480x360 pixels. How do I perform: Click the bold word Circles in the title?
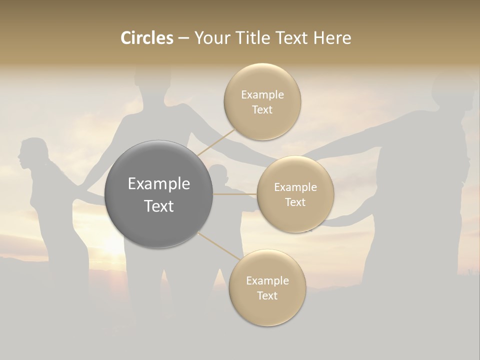click(x=146, y=38)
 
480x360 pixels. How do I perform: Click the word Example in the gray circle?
click(x=158, y=183)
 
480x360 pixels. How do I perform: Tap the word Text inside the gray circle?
click(x=158, y=206)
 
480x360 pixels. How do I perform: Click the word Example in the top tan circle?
click(x=262, y=94)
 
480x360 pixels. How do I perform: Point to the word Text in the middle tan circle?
click(x=295, y=202)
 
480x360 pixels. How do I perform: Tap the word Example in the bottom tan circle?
click(x=267, y=280)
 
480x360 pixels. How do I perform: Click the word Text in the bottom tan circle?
click(x=267, y=295)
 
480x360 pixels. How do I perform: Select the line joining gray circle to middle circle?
click(x=235, y=194)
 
